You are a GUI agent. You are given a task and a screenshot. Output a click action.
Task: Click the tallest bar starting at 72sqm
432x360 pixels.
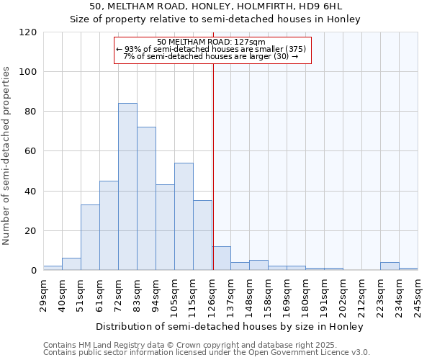click(x=127, y=187)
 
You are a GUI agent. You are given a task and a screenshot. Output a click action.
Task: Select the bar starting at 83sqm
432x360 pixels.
click(x=146, y=199)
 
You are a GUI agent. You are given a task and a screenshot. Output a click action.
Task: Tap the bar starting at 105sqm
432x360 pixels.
click(x=184, y=217)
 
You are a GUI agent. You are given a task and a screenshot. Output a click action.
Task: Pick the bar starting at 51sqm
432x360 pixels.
click(x=90, y=238)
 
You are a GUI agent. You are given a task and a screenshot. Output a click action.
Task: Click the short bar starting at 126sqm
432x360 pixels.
click(x=221, y=258)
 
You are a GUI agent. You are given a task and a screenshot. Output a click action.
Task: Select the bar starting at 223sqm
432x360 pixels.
click(x=390, y=266)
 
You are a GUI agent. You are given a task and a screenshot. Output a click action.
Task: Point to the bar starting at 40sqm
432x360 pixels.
click(x=71, y=264)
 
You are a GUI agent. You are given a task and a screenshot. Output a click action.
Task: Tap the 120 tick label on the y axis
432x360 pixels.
click(x=28, y=32)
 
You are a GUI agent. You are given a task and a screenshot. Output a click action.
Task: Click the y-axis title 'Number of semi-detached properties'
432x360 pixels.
click(x=7, y=156)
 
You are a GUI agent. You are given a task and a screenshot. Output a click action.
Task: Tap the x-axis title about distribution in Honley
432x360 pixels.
click(x=230, y=326)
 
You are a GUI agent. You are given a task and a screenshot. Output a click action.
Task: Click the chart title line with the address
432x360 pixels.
click(x=215, y=6)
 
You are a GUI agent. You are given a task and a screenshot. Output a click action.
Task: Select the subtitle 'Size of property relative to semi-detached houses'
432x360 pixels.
click(x=215, y=19)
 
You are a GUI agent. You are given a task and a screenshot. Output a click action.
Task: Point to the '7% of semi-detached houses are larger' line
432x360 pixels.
click(x=211, y=56)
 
